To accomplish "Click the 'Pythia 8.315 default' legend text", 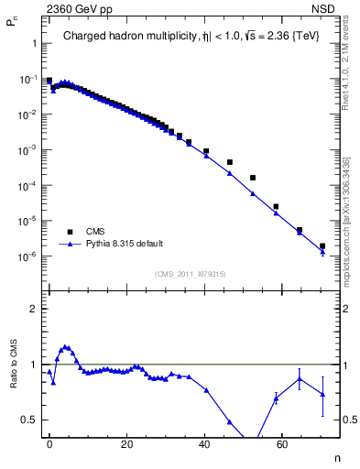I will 125,244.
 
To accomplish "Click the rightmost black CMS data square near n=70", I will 322,245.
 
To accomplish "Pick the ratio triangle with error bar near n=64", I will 300,378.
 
